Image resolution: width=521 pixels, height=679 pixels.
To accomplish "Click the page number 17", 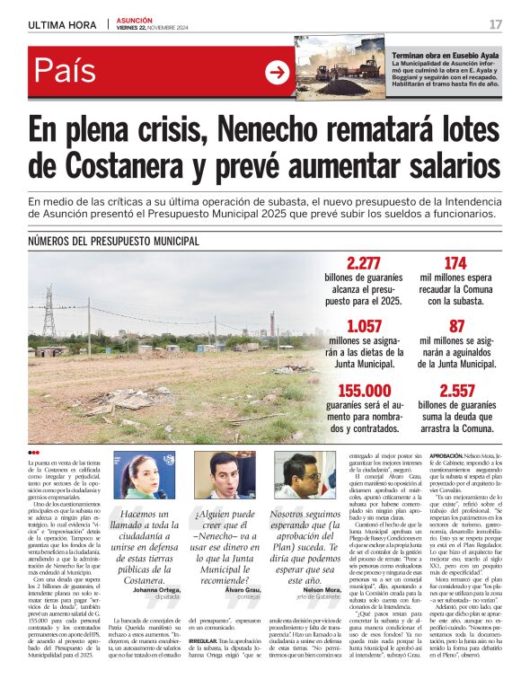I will click(x=496, y=24).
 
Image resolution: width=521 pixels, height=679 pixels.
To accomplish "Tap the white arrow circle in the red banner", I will click(x=277, y=73).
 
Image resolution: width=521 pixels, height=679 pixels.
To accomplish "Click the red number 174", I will click(x=455, y=263).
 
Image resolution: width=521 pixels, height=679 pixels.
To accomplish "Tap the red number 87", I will click(x=456, y=326).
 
